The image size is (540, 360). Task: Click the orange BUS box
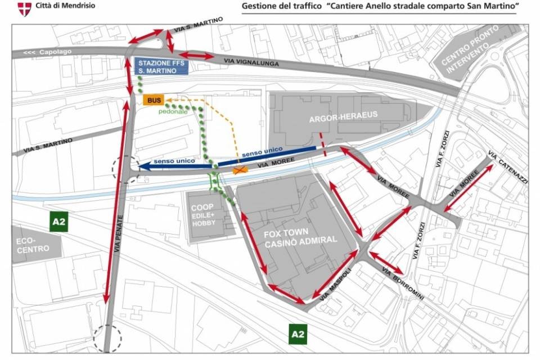coord(153,100)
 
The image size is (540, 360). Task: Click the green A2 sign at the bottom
coord(298,335)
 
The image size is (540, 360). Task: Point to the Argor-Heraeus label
coord(343,120)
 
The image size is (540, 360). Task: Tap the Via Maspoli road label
coord(335,286)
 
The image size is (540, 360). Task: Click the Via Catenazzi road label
coord(507,165)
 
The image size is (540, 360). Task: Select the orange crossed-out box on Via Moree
coord(241,169)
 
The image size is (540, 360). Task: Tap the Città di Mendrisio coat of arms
coord(24,8)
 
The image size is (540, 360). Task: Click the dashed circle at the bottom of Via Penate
coord(107,339)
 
